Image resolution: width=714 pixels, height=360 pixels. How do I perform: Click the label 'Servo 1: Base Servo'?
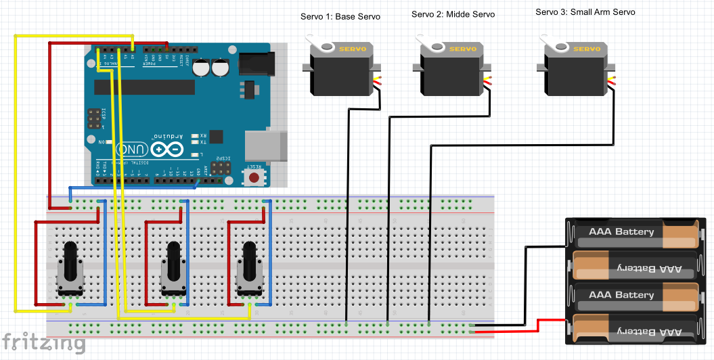coord(340,16)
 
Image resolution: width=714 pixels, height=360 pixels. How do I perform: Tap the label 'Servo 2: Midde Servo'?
coord(453,14)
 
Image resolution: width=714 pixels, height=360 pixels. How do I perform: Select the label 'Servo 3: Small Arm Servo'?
coord(585,12)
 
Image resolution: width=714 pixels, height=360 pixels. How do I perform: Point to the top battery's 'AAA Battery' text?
coord(621,231)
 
